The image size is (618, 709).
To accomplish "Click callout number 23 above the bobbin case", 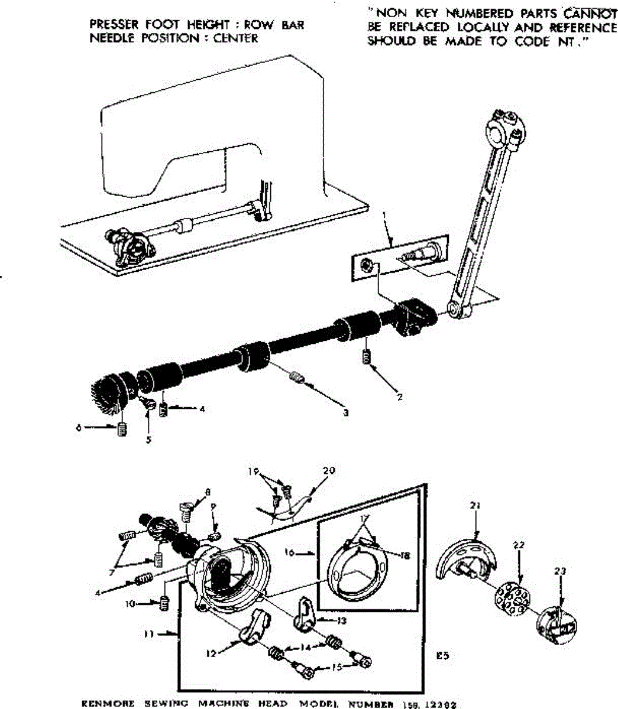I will [x=560, y=571].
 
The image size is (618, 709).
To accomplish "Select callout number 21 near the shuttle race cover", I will [x=476, y=505].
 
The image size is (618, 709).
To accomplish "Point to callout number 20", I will [x=329, y=471].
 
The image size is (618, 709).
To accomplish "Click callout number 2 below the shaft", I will [x=400, y=397].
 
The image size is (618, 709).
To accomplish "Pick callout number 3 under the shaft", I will [x=345, y=412].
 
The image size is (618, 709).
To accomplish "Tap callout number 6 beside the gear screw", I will [x=78, y=428].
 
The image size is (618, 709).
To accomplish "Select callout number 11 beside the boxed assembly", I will [x=149, y=635].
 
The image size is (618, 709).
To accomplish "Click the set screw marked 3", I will [x=298, y=377].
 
